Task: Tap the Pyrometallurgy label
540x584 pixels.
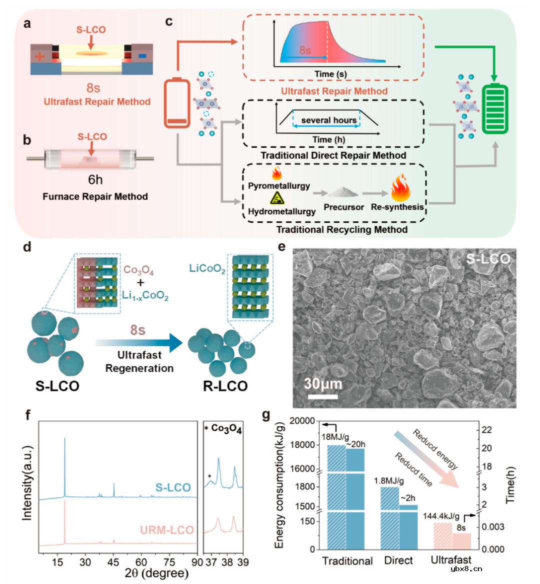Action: (x=279, y=186)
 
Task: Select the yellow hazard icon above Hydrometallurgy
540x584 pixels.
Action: (x=277, y=198)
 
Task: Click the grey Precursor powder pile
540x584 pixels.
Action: (x=343, y=192)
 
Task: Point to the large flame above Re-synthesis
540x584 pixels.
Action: (x=400, y=188)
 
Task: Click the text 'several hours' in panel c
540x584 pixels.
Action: (x=328, y=120)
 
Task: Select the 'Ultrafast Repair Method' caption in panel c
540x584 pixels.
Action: (x=334, y=91)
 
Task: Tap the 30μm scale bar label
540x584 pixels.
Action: (x=323, y=384)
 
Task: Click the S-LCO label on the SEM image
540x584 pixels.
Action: (x=487, y=259)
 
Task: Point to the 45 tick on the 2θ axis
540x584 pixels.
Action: (x=113, y=561)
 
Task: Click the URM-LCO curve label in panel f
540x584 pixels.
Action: (x=166, y=529)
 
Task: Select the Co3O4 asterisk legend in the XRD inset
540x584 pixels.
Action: (x=223, y=429)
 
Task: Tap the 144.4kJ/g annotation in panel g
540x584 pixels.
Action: (x=441, y=516)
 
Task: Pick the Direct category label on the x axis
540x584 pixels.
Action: (x=398, y=560)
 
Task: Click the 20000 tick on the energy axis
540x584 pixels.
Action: (x=302, y=421)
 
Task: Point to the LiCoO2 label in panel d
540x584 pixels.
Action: (x=207, y=269)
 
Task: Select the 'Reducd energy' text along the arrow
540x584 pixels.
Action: (x=435, y=449)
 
